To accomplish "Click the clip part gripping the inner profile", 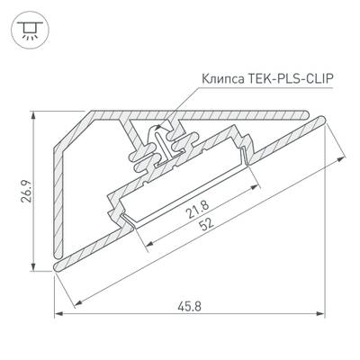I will [162, 144].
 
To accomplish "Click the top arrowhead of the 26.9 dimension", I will [35, 116].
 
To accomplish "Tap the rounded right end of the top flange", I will [317, 115].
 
